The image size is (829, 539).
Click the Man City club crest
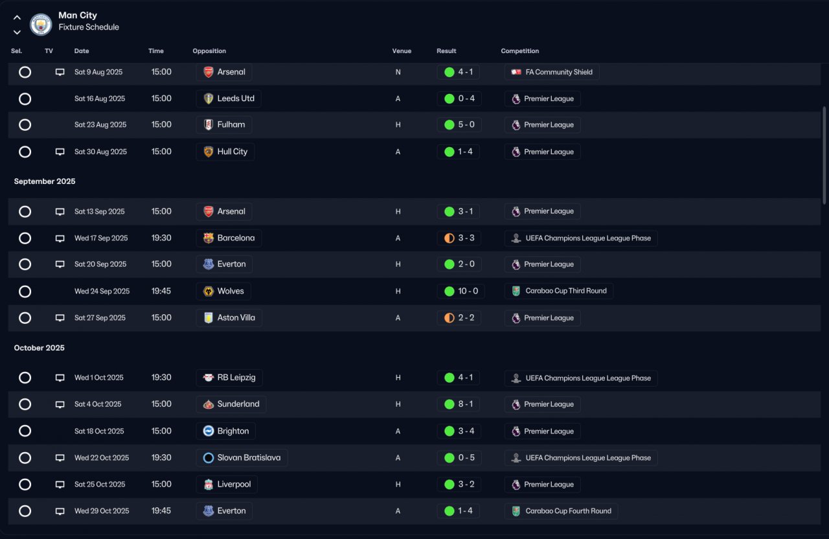tap(41, 25)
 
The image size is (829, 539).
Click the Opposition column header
tap(209, 51)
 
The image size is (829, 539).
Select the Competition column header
tap(519, 51)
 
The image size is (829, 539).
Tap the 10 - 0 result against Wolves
tap(468, 291)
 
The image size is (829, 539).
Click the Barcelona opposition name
tap(236, 238)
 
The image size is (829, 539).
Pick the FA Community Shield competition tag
tap(552, 72)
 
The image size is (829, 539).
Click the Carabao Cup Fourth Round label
tap(568, 511)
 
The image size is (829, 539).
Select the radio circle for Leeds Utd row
tap(25, 99)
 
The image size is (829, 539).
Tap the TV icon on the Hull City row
tap(60, 152)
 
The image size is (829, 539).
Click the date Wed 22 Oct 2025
tap(102, 458)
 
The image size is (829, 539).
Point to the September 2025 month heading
tap(45, 181)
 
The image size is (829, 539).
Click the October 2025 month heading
tap(40, 348)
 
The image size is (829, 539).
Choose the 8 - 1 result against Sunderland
tap(466, 404)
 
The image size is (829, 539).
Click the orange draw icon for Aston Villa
tap(449, 318)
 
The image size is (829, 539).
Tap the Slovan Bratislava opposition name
tap(249, 458)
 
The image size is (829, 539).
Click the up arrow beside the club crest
tap(17, 17)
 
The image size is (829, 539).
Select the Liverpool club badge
tap(209, 484)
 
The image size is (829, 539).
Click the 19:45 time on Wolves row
tap(161, 291)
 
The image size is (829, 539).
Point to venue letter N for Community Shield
tap(398, 72)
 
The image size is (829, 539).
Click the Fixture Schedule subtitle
tap(89, 27)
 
